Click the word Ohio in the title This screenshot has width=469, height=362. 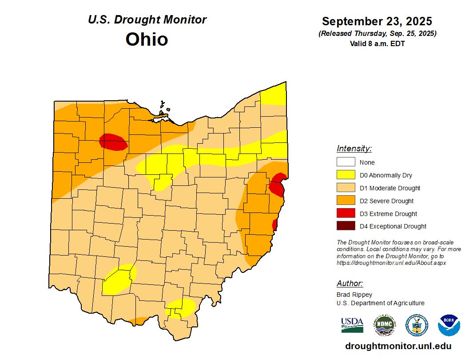(147, 39)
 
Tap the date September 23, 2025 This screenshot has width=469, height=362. (377, 21)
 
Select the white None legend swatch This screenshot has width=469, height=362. (346, 162)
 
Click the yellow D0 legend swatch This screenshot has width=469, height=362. (346, 175)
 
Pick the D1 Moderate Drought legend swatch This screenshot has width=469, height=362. (346, 188)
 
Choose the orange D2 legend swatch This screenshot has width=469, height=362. (346, 201)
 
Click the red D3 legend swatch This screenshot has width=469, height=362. (346, 213)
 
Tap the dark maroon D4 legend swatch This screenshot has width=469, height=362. (346, 226)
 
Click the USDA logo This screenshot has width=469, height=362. (352, 325)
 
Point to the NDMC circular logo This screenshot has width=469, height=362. (384, 325)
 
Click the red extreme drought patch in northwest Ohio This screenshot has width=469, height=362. (114, 142)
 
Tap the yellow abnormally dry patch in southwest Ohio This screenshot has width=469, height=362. (117, 281)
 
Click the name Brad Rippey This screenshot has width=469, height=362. (354, 295)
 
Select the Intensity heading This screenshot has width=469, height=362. (354, 149)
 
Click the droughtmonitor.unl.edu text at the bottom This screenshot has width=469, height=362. (398, 346)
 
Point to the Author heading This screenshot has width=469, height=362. (350, 283)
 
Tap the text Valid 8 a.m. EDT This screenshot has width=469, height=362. (377, 43)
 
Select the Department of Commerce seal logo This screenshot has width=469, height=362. (417, 325)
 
